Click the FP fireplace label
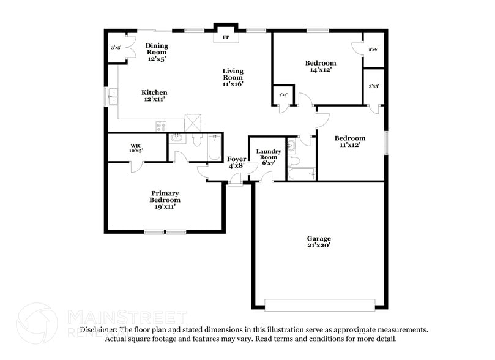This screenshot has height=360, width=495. click(x=225, y=38)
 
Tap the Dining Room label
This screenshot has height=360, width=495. click(x=157, y=52)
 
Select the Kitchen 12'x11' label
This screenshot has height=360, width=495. click(x=155, y=96)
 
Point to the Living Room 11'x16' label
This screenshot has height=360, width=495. click(x=233, y=77)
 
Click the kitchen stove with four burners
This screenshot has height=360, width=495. click(x=161, y=127)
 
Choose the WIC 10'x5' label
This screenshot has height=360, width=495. click(x=135, y=148)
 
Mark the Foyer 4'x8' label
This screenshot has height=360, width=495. click(x=237, y=162)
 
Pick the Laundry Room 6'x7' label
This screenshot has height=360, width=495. click(x=269, y=156)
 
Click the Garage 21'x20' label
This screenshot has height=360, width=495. click(x=319, y=242)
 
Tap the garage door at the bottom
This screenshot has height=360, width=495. click(x=319, y=304)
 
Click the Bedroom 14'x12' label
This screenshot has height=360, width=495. click(x=320, y=66)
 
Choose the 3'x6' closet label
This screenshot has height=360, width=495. click(x=373, y=49)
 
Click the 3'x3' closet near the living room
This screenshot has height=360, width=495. click(x=283, y=95)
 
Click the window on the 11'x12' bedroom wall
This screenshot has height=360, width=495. click(x=386, y=143)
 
